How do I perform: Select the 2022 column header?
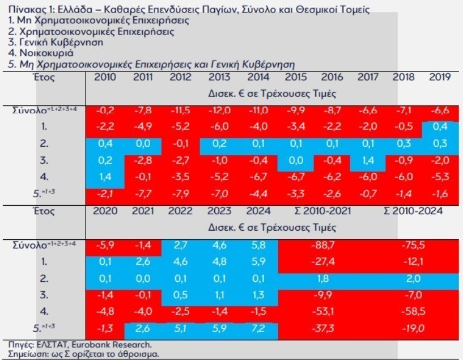click(180, 211)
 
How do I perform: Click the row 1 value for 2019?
click(440, 127)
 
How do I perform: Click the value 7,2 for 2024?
click(258, 329)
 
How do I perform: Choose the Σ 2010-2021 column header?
click(322, 211)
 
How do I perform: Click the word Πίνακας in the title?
click(19, 9)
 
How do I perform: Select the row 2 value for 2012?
click(180, 144)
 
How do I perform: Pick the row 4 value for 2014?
click(257, 177)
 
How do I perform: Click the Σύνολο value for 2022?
click(180, 245)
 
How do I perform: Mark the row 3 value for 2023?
click(219, 295)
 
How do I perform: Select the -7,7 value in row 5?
click(142, 194)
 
